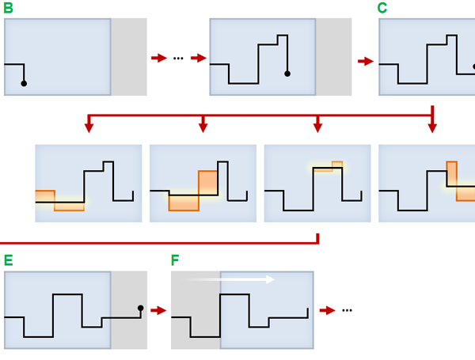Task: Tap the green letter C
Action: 383,9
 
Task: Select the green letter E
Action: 9,260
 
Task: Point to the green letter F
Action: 176,260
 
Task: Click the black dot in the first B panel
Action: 24,83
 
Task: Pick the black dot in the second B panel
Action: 287,74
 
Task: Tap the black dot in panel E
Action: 141,308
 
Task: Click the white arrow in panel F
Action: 230,279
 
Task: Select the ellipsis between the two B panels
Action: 178,59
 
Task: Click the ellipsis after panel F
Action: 347,311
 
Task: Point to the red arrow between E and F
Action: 158,311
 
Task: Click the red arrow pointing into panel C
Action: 366,60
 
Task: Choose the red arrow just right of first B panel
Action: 158,59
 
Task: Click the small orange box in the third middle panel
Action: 337,165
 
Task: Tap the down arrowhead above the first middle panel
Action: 89,127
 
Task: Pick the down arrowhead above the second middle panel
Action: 203,127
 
